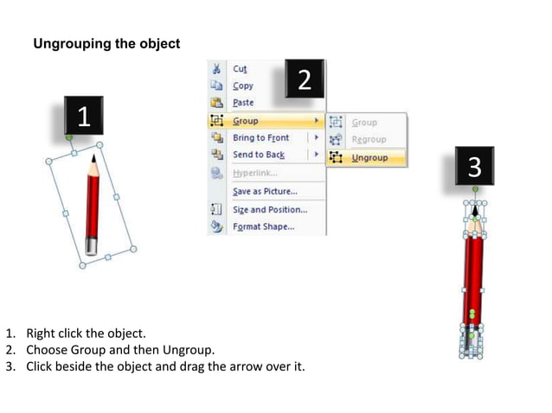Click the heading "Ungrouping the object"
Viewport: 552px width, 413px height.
(x=106, y=44)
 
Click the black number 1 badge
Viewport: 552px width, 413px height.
(x=83, y=116)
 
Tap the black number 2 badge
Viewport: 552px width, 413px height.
(x=304, y=79)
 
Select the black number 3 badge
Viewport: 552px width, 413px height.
(x=474, y=166)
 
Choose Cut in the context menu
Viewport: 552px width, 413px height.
(x=240, y=69)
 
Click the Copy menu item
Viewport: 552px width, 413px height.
(x=243, y=86)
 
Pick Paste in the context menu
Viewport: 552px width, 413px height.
(x=243, y=103)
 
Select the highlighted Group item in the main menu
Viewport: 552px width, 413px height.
(x=246, y=121)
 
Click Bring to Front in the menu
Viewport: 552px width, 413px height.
(x=260, y=138)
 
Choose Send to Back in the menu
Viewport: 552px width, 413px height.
(x=258, y=156)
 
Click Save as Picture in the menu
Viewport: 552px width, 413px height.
(x=264, y=192)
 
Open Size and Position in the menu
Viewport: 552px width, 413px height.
(x=269, y=210)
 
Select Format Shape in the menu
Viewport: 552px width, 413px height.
(x=263, y=227)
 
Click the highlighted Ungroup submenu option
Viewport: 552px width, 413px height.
(x=369, y=158)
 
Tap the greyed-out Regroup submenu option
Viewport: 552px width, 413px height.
(x=369, y=140)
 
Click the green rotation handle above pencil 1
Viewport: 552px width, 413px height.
(x=69, y=137)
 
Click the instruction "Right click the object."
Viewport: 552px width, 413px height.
(x=86, y=333)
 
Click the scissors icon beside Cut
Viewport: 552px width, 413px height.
(x=215, y=69)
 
